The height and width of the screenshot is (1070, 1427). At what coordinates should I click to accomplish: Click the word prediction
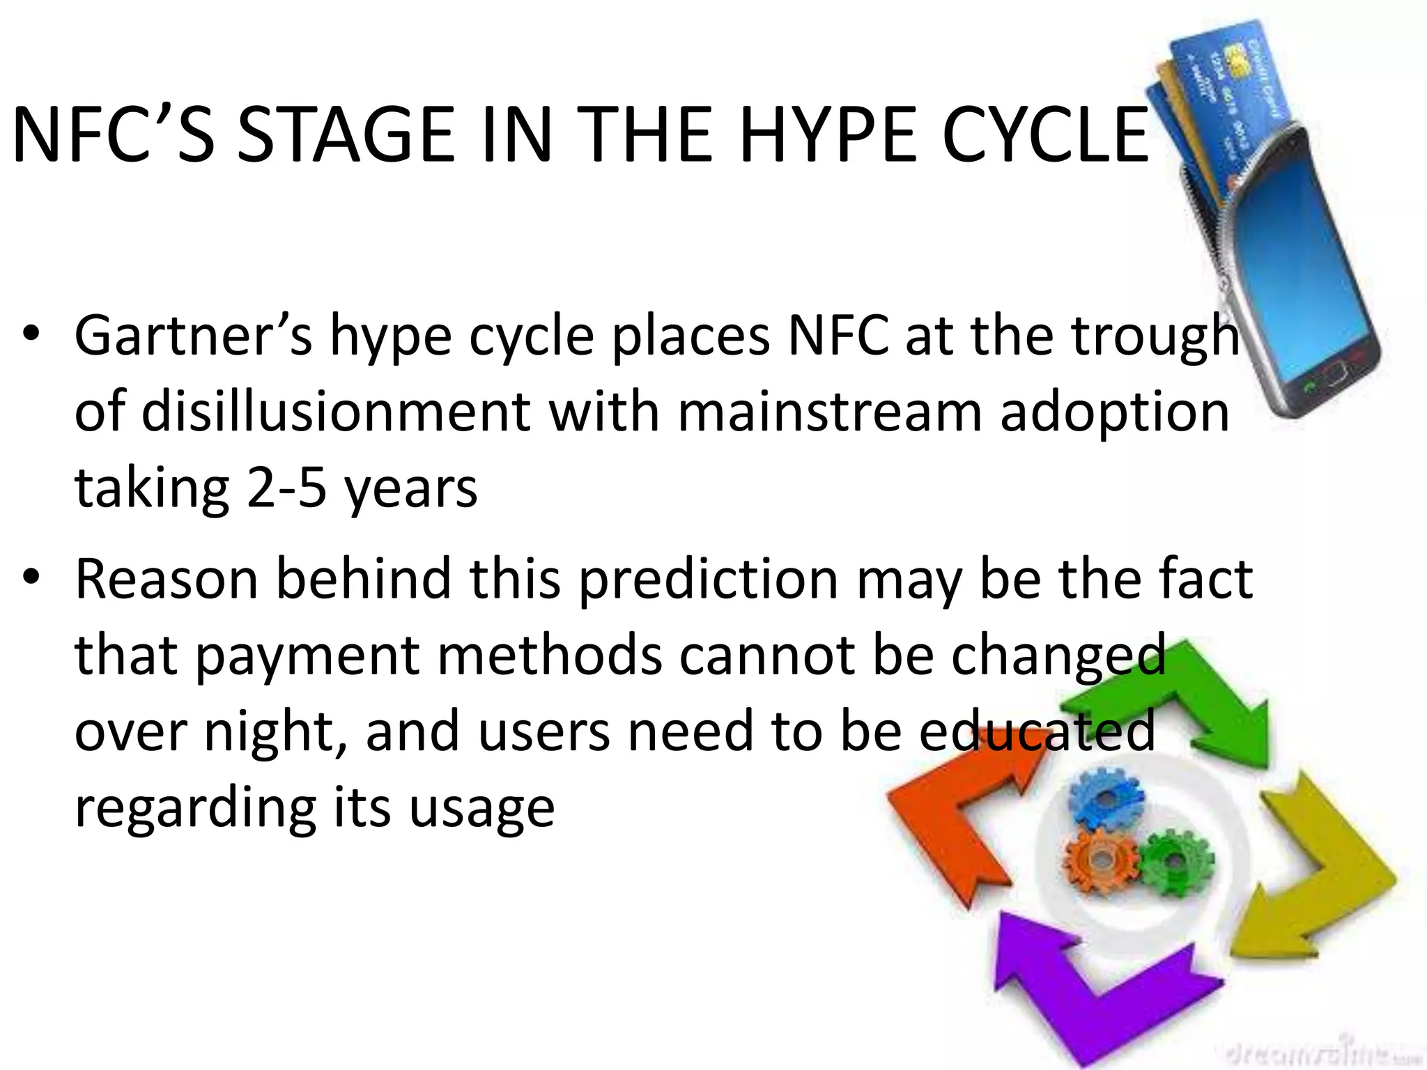click(709, 579)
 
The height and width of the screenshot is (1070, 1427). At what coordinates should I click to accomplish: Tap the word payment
click(307, 656)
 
